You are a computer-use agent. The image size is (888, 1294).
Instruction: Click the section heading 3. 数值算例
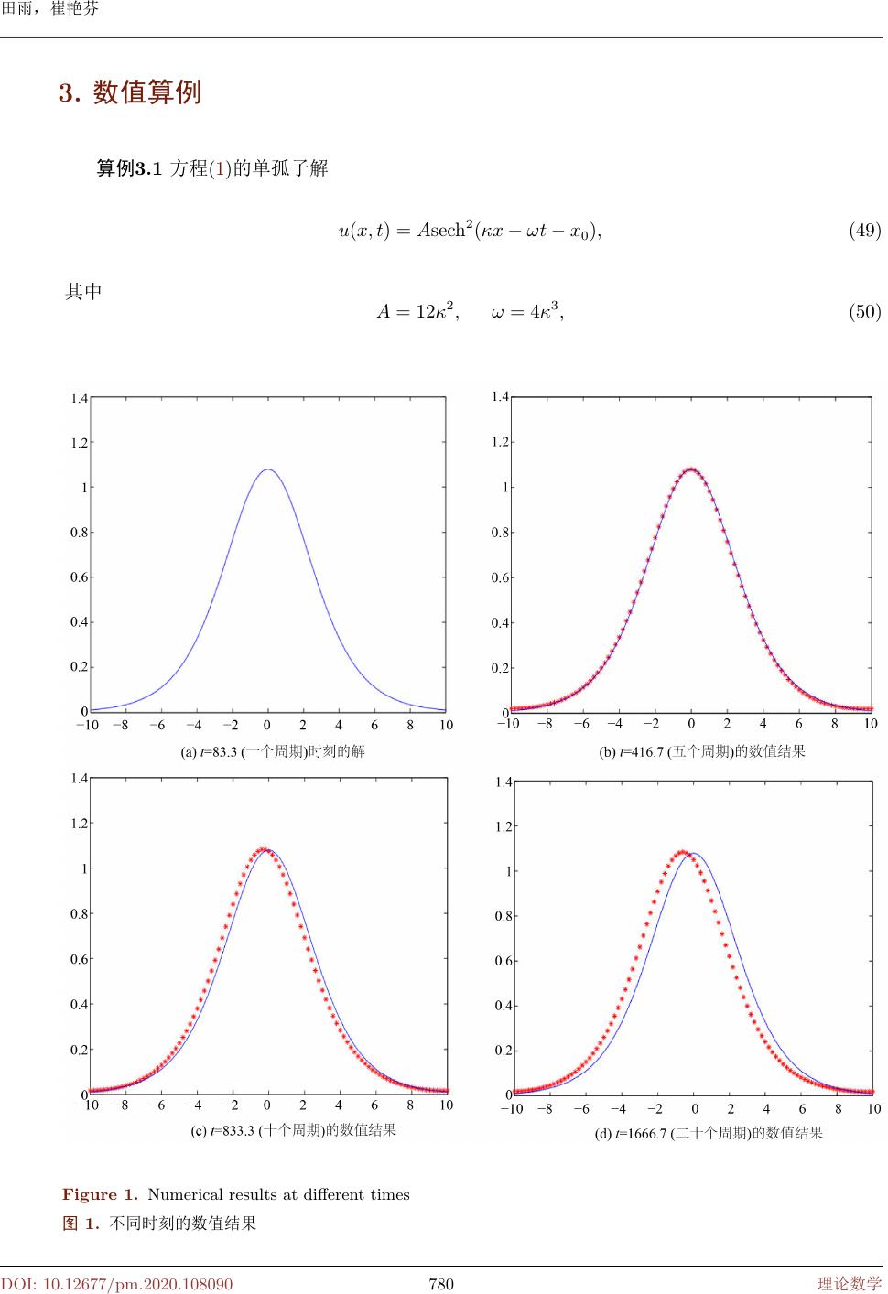tap(130, 92)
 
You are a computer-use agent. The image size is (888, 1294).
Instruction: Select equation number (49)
tap(864, 230)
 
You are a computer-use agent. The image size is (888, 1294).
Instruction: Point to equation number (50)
tap(864, 312)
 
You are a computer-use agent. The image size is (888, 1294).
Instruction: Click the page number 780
tap(441, 1284)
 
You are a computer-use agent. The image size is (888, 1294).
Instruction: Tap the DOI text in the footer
tap(116, 1284)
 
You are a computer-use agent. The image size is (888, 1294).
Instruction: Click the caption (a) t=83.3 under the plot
tap(273, 751)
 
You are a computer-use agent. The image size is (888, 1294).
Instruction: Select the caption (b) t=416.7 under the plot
tap(702, 751)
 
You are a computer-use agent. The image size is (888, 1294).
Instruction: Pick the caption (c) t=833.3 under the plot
tap(293, 1130)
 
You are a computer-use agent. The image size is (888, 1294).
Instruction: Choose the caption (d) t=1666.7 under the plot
tap(709, 1133)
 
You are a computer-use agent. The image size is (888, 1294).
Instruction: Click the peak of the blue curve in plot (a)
tap(267, 469)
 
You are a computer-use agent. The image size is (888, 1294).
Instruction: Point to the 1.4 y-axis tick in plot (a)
tap(79, 398)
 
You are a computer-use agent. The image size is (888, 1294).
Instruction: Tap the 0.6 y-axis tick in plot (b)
tap(500, 577)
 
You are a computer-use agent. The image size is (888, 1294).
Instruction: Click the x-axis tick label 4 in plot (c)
tap(339, 1105)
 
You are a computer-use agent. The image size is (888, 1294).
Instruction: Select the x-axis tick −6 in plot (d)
tap(582, 1109)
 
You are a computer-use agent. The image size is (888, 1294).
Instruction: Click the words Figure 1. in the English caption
tap(101, 1194)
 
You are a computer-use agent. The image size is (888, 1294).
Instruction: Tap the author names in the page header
tap(50, 9)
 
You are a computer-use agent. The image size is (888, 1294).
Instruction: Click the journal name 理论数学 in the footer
tap(849, 1284)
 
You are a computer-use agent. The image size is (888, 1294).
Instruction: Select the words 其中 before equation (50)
tap(83, 292)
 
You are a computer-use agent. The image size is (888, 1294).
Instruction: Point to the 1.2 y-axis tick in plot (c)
tap(79, 824)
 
